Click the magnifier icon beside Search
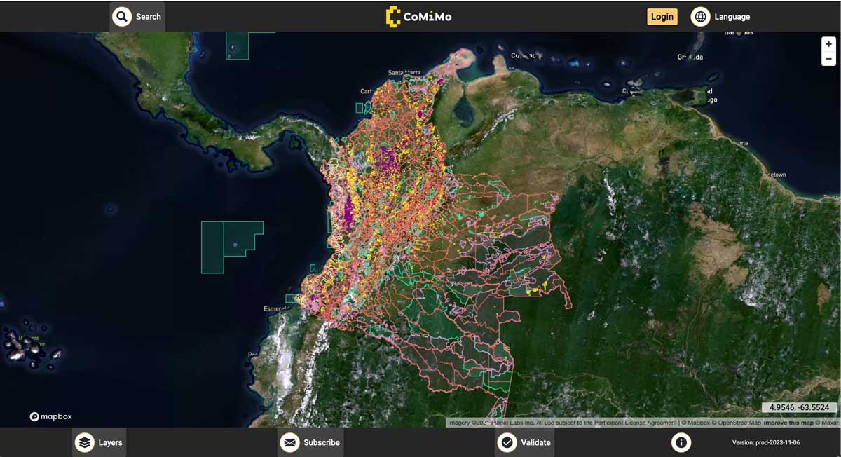[x=122, y=16]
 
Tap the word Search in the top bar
[x=149, y=17]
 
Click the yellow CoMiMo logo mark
[x=392, y=16]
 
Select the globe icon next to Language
[x=700, y=17]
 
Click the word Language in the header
[x=732, y=17]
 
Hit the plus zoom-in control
[x=828, y=44]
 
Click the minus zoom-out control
[x=828, y=59]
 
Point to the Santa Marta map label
[x=404, y=73]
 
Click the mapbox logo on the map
[x=52, y=416]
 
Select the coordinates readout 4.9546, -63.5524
[x=799, y=407]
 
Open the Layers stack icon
[x=85, y=442]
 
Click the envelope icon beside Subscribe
[x=289, y=442]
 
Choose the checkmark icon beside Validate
[x=507, y=442]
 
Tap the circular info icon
[x=681, y=442]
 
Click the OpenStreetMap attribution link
[x=737, y=423]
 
